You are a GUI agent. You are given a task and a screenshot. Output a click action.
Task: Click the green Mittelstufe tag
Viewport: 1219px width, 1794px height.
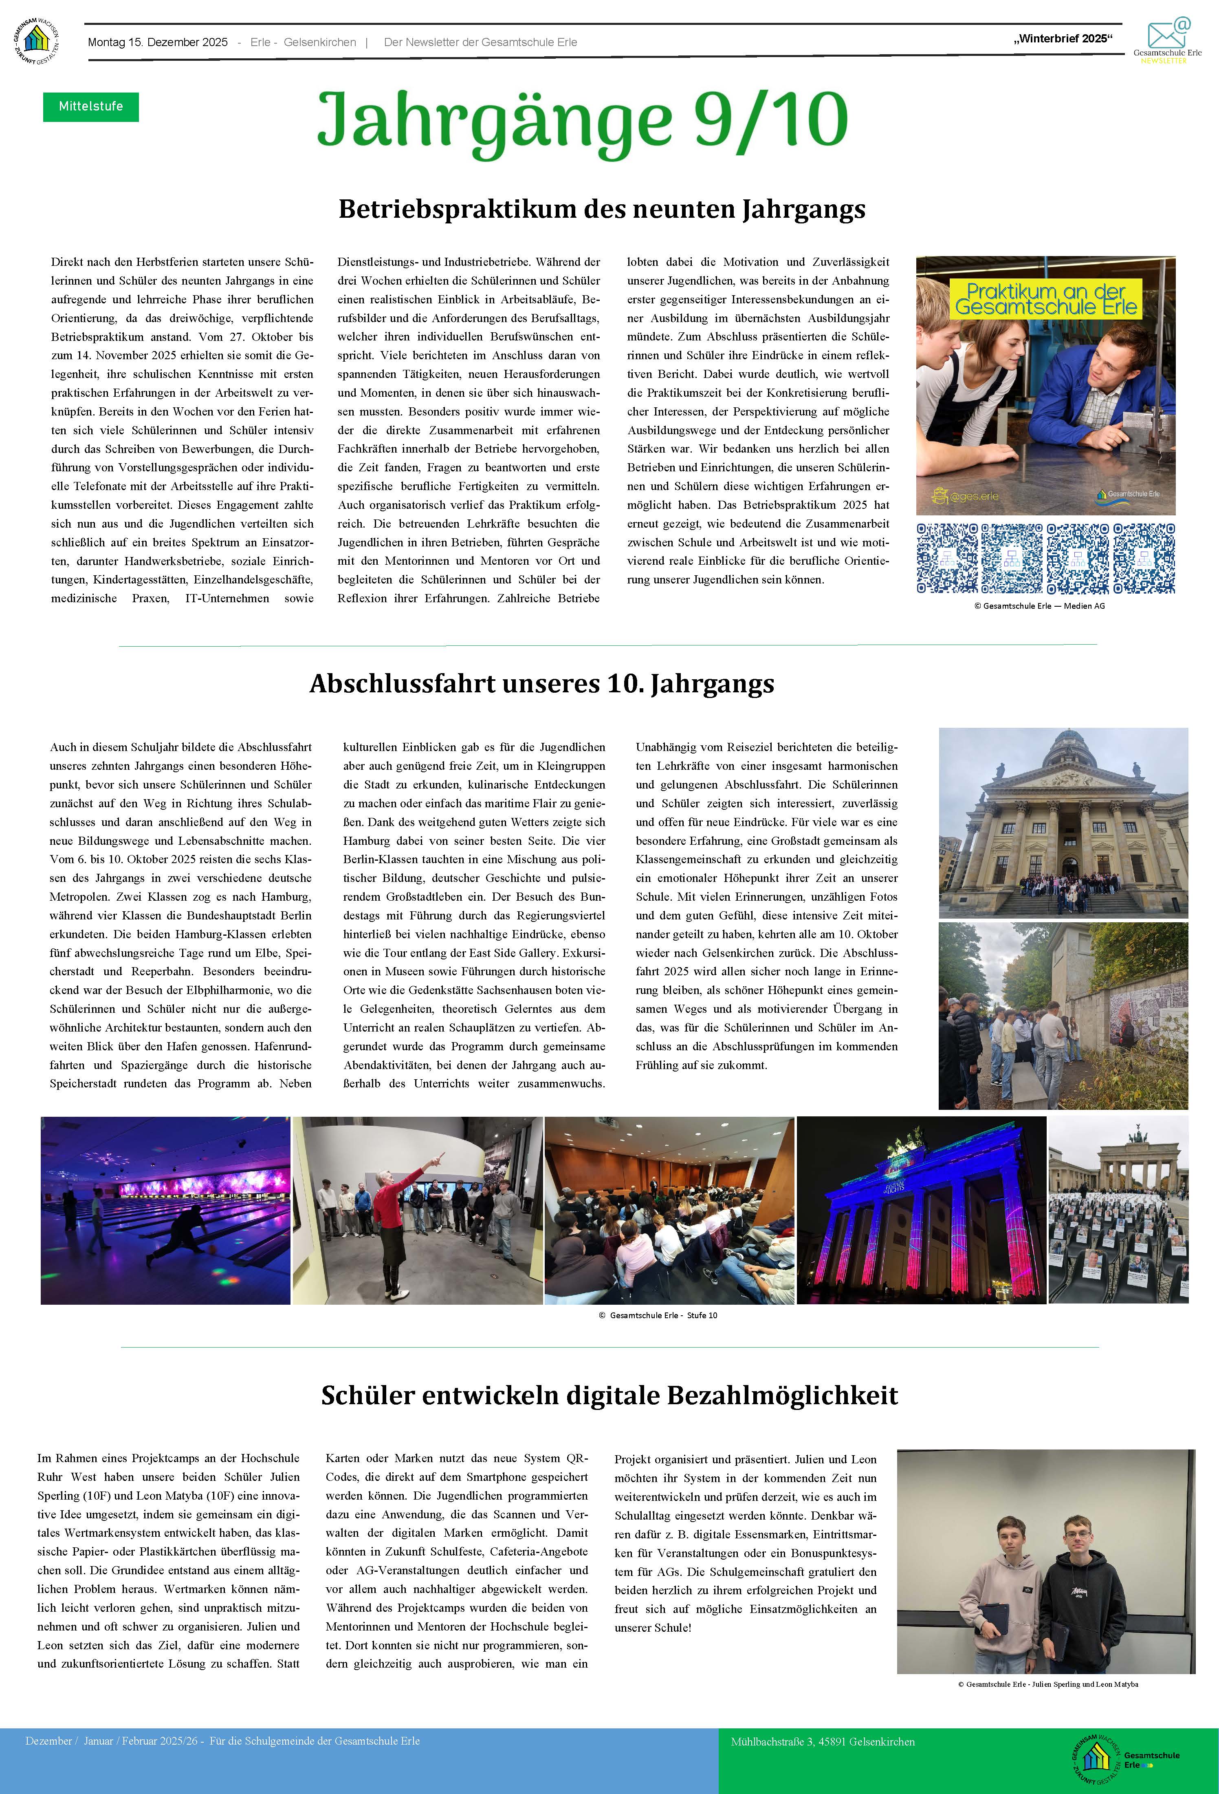click(90, 106)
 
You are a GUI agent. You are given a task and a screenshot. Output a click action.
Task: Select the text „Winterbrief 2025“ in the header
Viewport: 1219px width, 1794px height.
click(1063, 39)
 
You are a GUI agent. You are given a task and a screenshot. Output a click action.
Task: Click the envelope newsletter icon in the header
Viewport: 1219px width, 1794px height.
click(1166, 35)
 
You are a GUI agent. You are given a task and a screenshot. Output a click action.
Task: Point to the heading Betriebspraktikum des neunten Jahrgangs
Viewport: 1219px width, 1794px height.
click(602, 209)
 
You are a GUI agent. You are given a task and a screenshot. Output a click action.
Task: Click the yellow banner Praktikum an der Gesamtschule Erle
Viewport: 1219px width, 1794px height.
click(1045, 300)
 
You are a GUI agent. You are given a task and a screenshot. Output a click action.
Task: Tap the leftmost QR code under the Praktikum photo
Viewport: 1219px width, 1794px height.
click(947, 558)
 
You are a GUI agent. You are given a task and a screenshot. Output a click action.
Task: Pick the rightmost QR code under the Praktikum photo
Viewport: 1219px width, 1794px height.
click(1144, 558)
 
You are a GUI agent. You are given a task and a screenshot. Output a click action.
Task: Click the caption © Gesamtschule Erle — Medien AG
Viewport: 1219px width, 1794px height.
click(1039, 606)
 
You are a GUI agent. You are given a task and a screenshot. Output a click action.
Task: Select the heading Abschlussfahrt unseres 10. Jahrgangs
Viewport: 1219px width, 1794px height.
click(541, 684)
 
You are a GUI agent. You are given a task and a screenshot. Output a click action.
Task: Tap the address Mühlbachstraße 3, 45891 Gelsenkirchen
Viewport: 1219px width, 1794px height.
click(823, 1741)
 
